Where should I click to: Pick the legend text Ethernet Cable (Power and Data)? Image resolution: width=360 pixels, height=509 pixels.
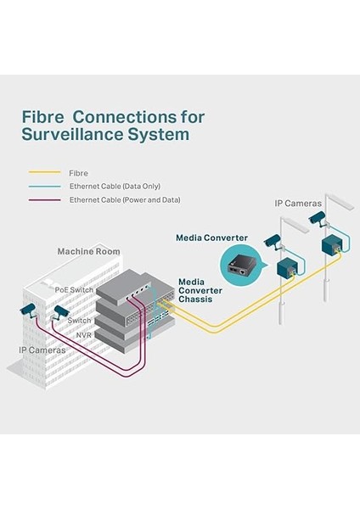point(124,199)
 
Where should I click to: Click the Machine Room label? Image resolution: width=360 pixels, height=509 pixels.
point(88,252)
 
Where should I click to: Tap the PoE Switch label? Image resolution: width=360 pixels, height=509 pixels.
point(74,289)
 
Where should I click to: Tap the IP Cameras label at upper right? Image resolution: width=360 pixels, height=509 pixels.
point(298,204)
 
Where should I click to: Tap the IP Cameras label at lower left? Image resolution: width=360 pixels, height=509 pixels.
point(42,349)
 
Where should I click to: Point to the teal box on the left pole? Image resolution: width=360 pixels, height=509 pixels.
point(290,269)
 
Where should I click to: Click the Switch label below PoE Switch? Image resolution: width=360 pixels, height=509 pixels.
point(79,321)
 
